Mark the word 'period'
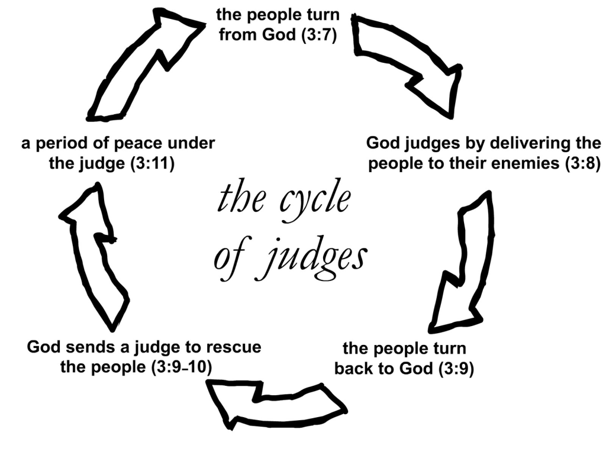click(63, 143)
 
